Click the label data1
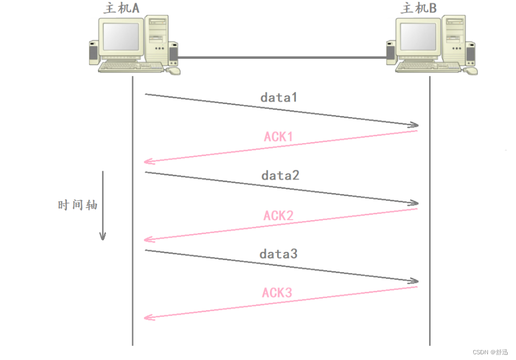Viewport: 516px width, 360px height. pos(278,97)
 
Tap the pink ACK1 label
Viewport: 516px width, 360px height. pos(278,137)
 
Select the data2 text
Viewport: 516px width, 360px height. pos(280,175)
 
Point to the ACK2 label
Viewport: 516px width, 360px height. pos(278,215)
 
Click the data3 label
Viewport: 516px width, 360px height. pos(278,254)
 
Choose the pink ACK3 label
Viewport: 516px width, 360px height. pos(277,293)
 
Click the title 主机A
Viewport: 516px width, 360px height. pos(122,8)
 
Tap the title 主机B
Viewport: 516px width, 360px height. pos(419,8)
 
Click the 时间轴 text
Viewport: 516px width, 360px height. pos(78,205)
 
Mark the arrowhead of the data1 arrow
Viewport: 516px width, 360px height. pos(415,125)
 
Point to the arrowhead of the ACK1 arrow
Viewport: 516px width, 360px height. pos(148,162)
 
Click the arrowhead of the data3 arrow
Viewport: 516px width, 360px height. pos(415,281)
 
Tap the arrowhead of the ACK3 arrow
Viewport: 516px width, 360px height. pos(148,317)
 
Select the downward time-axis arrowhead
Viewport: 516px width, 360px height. pos(103,236)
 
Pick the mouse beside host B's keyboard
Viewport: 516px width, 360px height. pos(471,70)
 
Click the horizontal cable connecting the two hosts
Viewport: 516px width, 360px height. pos(281,57)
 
